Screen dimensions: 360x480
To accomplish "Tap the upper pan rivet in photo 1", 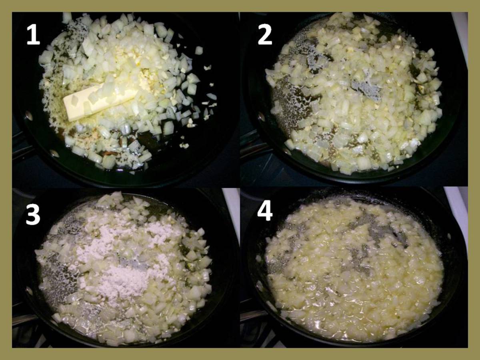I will pyautogui.click(x=29, y=116).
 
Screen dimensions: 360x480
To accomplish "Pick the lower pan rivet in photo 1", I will pyautogui.click(x=54, y=153).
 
